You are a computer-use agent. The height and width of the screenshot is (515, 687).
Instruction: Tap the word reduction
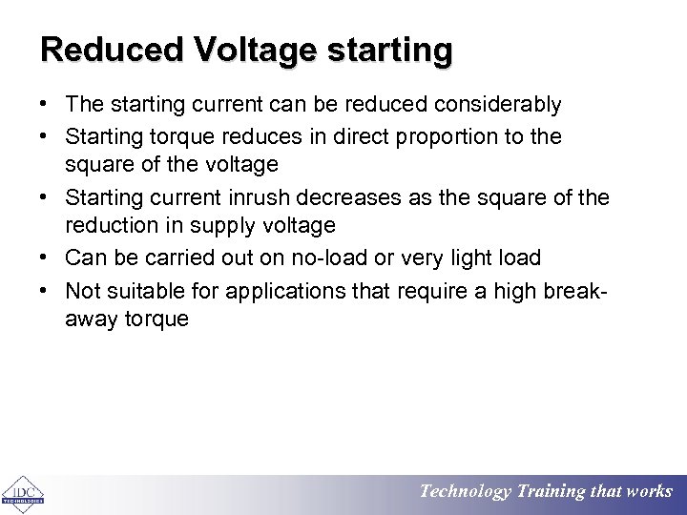pyautogui.click(x=109, y=226)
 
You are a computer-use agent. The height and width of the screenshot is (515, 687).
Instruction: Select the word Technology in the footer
pyautogui.click(x=466, y=492)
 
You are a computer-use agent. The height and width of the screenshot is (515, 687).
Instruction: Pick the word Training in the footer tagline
pyautogui.click(x=552, y=492)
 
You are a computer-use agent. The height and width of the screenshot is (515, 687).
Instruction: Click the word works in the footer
pyautogui.click(x=649, y=492)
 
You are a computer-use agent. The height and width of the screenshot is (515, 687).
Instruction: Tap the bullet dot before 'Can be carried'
pyautogui.click(x=46, y=257)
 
